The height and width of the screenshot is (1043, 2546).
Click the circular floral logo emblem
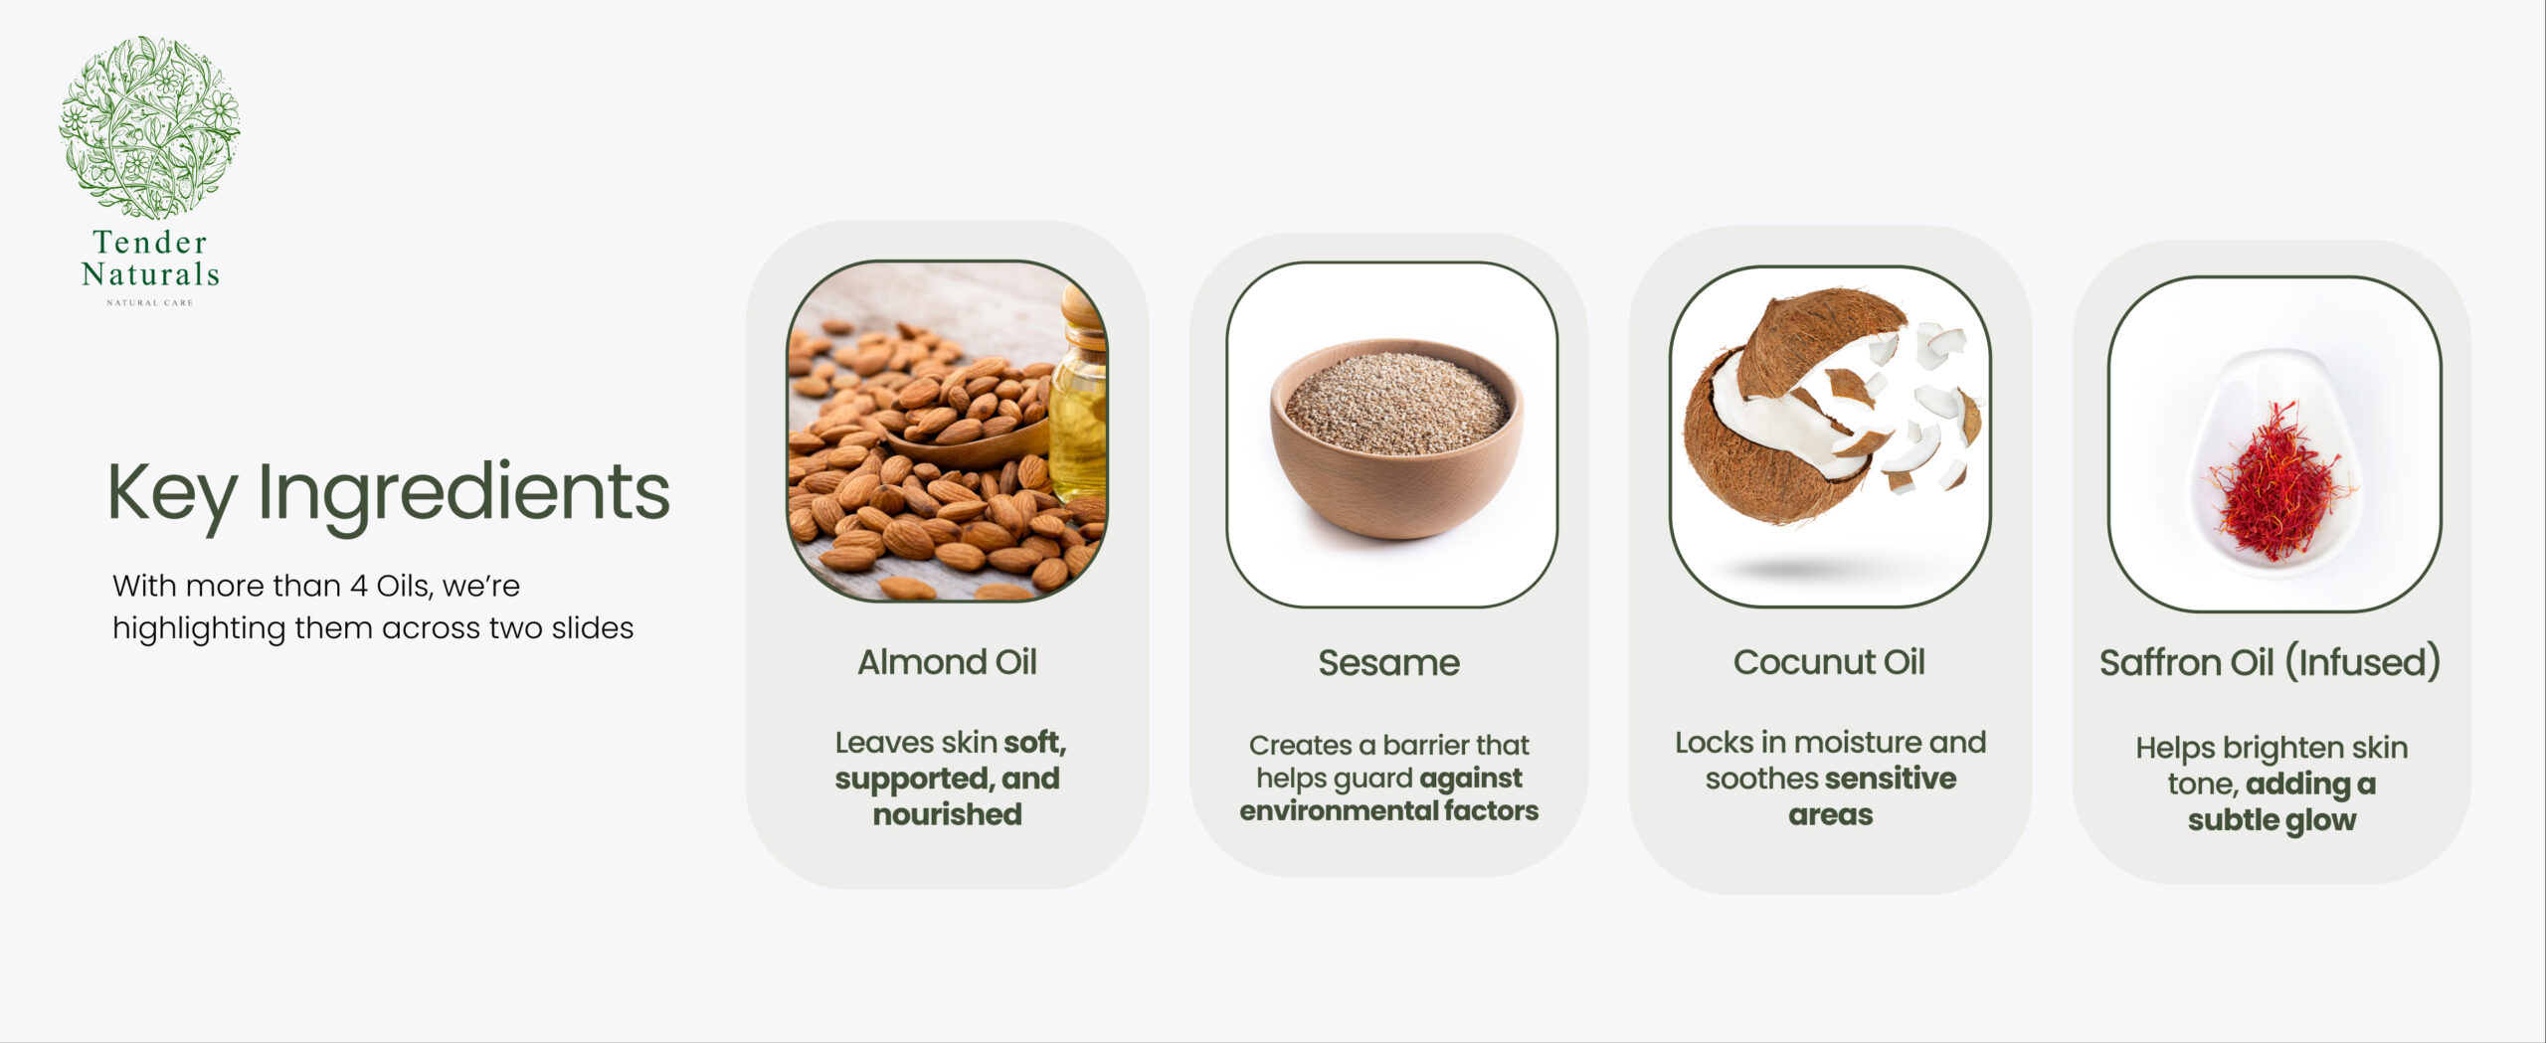(x=149, y=127)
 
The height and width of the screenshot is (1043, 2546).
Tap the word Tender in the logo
(x=150, y=242)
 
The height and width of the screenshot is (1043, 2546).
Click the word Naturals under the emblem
(x=150, y=273)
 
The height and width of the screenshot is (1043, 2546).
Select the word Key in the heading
(x=172, y=494)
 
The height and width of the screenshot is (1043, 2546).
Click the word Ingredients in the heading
(x=463, y=494)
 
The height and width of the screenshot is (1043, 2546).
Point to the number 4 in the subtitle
(x=358, y=586)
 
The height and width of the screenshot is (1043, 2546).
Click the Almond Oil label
(x=947, y=662)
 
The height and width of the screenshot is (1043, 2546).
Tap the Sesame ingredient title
(x=1388, y=663)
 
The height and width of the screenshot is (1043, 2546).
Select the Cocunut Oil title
(x=1829, y=662)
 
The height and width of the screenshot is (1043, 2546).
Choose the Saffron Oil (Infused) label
(x=2270, y=663)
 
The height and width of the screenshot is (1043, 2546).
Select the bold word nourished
(x=947, y=814)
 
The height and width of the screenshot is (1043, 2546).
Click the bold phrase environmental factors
(x=1388, y=811)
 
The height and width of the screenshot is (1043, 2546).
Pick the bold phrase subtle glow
(x=2272, y=820)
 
